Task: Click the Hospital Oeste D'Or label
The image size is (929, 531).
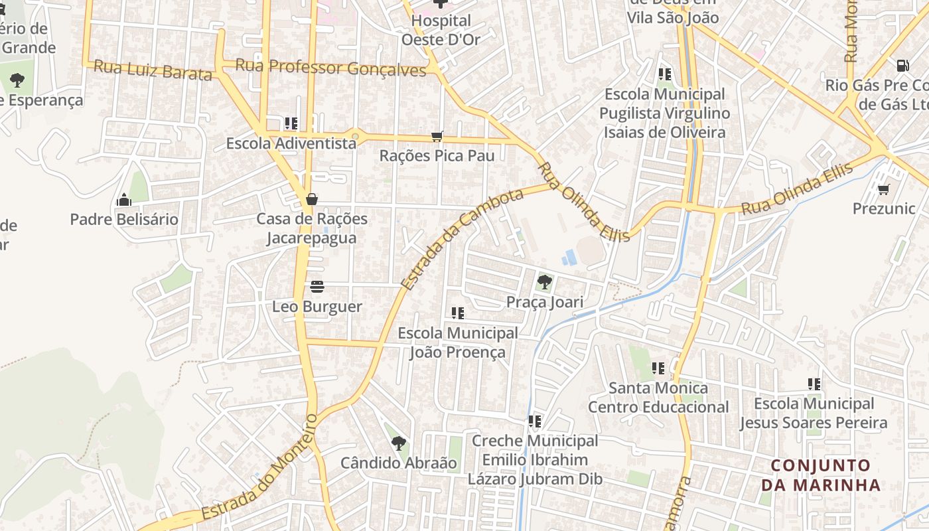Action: coord(441,30)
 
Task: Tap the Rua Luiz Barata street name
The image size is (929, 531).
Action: coord(153,70)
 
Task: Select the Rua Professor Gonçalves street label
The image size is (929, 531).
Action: coord(330,68)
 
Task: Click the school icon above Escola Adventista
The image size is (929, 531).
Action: coord(291,123)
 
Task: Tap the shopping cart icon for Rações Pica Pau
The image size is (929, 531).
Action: coord(437,136)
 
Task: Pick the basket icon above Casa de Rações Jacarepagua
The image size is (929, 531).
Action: coord(311,199)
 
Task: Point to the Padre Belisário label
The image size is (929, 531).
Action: coord(124,219)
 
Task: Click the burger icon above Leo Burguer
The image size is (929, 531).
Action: coord(317,287)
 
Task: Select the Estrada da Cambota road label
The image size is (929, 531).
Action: coord(462,240)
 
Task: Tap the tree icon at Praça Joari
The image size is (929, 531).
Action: coord(544,282)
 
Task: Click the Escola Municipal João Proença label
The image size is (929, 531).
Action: coord(457,342)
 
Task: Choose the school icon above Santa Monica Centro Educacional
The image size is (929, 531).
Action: coord(658,368)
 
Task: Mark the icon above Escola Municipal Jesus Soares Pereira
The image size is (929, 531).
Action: coord(814,384)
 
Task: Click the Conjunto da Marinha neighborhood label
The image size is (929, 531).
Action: coord(821,475)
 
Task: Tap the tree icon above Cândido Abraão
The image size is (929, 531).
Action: coord(398,443)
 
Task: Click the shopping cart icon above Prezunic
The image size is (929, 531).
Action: coord(883,190)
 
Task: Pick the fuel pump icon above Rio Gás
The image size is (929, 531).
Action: coord(902,65)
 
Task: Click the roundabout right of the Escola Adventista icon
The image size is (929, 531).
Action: coord(356,137)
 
